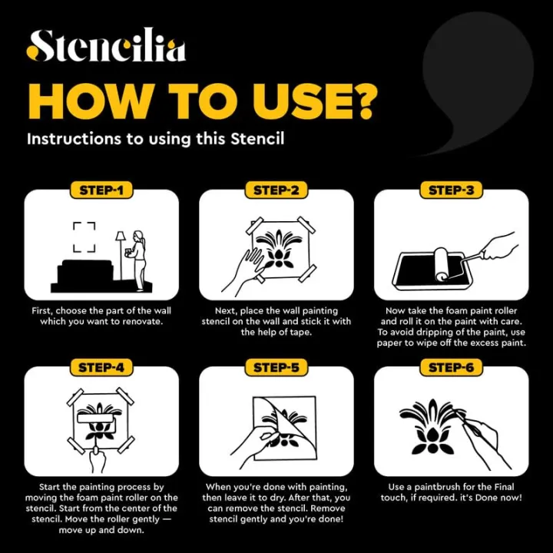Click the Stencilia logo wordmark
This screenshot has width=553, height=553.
point(106,45)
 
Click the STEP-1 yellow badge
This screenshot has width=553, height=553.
point(101,190)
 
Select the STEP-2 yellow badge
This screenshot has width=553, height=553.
point(276,190)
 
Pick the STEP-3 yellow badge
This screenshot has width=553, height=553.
point(452,190)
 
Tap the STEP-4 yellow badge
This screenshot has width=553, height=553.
point(101,367)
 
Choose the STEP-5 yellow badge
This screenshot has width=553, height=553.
point(276,367)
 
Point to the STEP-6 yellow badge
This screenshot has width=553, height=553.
point(452,367)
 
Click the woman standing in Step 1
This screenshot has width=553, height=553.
point(138,261)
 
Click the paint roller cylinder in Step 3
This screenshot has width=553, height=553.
point(441,264)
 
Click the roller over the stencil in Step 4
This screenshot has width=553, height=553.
point(97,419)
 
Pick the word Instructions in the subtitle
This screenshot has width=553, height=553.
point(74,139)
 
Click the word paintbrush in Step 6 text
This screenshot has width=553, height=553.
point(437,488)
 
